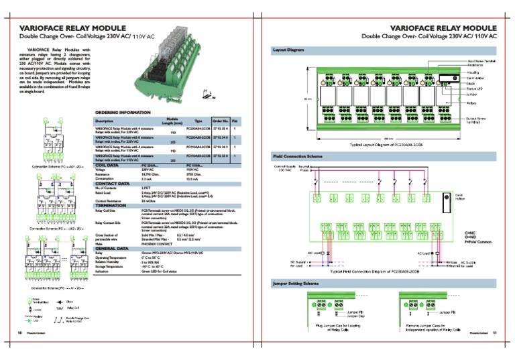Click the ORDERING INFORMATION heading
(123, 113)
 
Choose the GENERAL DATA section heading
(115, 247)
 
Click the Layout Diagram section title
(289, 50)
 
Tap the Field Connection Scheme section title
(298, 156)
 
